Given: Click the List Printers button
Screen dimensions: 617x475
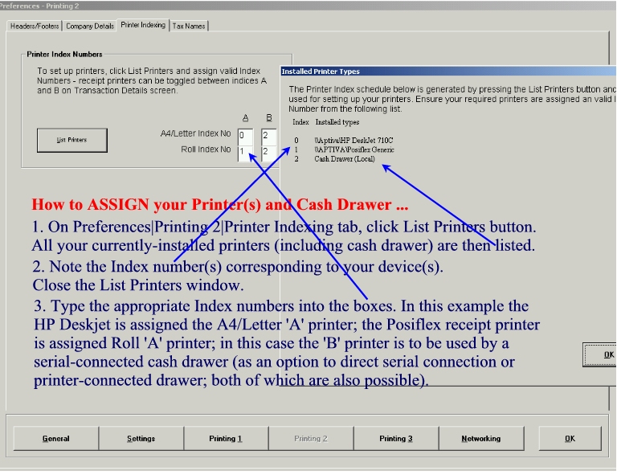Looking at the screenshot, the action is (x=72, y=140).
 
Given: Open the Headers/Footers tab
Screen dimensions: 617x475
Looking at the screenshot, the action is (x=35, y=26).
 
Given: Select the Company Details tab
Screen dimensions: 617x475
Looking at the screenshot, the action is (x=90, y=26).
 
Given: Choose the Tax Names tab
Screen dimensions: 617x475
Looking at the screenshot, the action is (x=189, y=26).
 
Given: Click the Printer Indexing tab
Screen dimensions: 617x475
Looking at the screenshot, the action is (x=143, y=25).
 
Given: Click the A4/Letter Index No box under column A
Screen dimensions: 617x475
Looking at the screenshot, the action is (x=245, y=136).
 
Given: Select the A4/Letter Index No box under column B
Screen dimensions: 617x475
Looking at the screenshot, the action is (x=269, y=136).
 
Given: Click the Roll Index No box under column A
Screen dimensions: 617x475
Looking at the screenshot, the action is (x=245, y=153).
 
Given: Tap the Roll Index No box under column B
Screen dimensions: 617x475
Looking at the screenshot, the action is (x=269, y=153).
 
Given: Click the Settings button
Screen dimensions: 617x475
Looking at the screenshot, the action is (x=141, y=438).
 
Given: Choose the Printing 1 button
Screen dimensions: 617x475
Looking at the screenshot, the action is (x=226, y=438).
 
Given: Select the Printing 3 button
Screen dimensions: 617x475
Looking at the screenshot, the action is (x=396, y=438).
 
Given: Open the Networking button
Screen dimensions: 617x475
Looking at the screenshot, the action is (x=481, y=438).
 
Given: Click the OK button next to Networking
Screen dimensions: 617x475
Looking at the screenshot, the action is (x=570, y=438).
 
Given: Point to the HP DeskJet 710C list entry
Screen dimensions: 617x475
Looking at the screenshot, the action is (x=353, y=141).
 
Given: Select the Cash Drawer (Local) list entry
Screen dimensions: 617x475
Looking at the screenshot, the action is (x=345, y=159).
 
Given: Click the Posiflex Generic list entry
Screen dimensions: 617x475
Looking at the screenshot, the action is (x=354, y=149).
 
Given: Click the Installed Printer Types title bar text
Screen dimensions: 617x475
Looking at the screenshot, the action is (x=321, y=72).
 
